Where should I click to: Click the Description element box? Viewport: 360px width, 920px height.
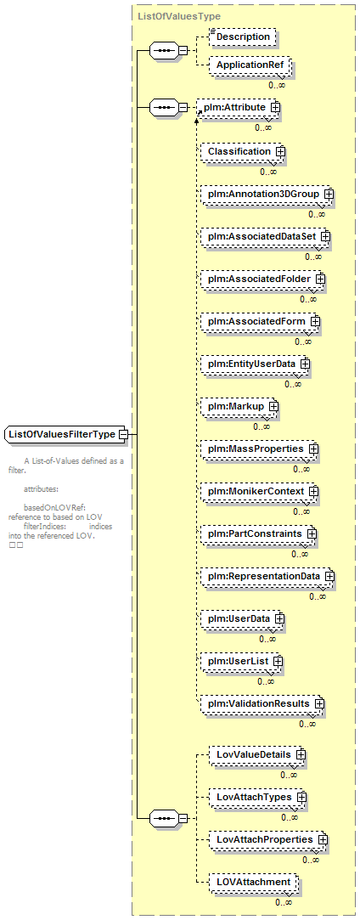click(x=243, y=37)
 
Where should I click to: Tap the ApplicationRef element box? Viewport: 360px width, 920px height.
click(x=249, y=65)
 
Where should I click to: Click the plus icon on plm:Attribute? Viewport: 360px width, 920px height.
click(x=274, y=108)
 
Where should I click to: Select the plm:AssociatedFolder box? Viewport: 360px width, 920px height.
click(x=262, y=279)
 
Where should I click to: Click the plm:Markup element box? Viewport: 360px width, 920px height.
click(x=239, y=406)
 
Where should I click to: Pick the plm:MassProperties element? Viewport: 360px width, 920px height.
click(x=259, y=449)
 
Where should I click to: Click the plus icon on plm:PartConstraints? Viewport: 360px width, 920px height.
click(x=312, y=534)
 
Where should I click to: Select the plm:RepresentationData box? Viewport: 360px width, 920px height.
click(x=267, y=576)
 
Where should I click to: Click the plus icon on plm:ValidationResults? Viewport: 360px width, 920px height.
click(x=319, y=703)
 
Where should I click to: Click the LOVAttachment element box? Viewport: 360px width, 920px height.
click(x=254, y=882)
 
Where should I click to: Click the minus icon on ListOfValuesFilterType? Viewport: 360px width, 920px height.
click(x=123, y=434)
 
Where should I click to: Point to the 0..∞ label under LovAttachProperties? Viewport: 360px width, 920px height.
click(x=311, y=861)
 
